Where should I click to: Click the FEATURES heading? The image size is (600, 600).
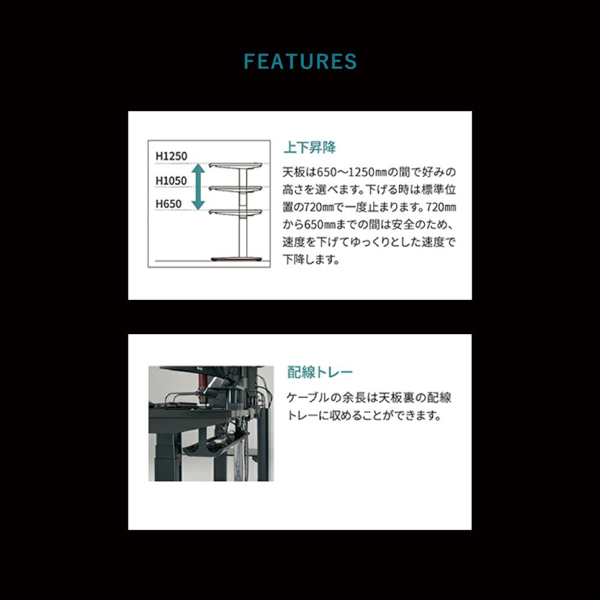click(300, 62)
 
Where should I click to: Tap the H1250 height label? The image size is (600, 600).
click(172, 156)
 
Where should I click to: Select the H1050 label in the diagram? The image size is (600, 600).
click(171, 181)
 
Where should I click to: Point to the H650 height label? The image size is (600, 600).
click(169, 204)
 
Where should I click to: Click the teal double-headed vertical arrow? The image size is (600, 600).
click(198, 187)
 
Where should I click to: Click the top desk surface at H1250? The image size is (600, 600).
click(236, 166)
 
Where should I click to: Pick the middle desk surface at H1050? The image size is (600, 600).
click(236, 189)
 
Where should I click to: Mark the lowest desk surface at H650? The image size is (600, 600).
click(236, 212)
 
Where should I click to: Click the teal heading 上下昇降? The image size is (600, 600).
click(310, 148)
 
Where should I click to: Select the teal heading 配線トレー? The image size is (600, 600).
click(320, 372)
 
